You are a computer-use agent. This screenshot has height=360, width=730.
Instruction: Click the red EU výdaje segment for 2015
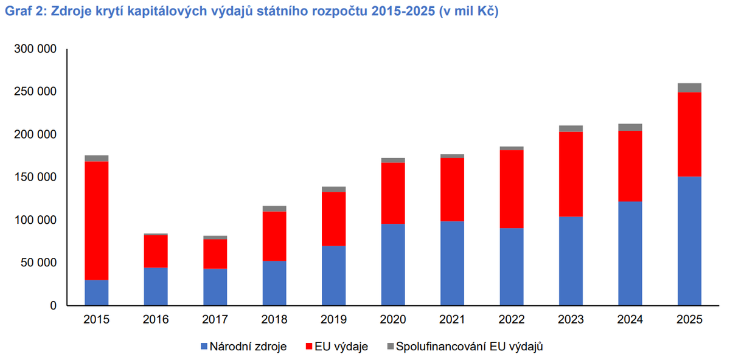tap(97, 221)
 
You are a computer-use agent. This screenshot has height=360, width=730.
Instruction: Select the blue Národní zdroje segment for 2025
tap(689, 241)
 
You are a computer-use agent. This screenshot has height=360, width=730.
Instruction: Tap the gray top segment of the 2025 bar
tap(689, 88)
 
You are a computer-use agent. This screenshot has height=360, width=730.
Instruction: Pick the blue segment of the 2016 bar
tap(156, 286)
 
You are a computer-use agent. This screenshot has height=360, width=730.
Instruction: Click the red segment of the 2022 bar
tap(512, 189)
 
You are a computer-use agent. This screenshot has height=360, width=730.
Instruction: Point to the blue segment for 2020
tap(393, 265)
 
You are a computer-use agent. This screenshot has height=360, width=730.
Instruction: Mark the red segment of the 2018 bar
tap(274, 236)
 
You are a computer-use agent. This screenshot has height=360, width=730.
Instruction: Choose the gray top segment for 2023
tap(571, 129)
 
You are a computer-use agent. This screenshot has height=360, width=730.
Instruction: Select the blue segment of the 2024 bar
tap(630, 254)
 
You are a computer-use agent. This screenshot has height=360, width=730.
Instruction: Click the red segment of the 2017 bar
tap(215, 254)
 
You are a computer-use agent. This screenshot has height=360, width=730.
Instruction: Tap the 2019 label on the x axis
tap(334, 319)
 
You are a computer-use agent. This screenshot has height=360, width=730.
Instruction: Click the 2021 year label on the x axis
tap(453, 319)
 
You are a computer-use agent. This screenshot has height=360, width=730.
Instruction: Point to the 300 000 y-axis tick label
tap(35, 49)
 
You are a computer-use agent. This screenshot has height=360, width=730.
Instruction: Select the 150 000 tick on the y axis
tap(35, 177)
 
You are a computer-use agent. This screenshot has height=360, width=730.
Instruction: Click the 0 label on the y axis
tap(53, 306)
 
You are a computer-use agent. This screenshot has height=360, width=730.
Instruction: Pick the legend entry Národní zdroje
tap(244, 346)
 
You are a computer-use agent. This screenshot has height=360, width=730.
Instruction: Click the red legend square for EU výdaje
tap(309, 346)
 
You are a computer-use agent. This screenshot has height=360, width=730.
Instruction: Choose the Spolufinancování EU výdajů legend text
tap(470, 346)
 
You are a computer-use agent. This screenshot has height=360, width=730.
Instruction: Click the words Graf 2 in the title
tap(26, 11)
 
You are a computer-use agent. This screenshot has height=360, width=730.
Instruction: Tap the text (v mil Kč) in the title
tap(468, 12)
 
